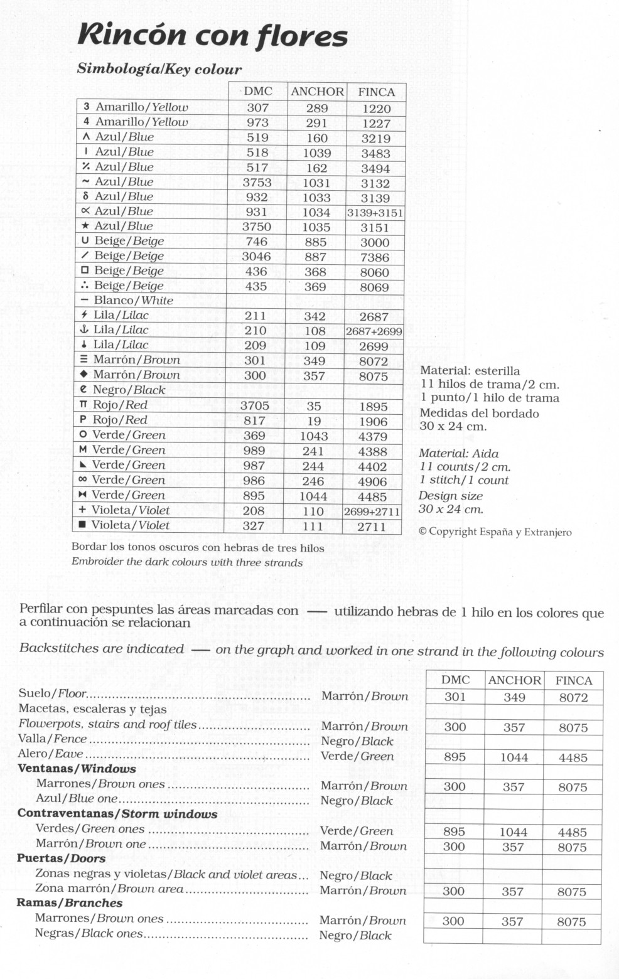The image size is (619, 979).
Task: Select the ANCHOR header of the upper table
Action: (317, 92)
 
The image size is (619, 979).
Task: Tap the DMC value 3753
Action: (257, 183)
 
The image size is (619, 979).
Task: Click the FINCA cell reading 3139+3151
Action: (375, 213)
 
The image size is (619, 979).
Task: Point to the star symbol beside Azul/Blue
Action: (85, 226)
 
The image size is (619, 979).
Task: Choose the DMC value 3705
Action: (255, 406)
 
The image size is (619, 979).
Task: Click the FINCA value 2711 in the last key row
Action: (372, 527)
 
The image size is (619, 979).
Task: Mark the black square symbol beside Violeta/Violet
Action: (82, 525)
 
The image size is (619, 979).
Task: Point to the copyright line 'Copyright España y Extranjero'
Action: (495, 532)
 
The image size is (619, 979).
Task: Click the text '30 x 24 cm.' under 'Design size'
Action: (451, 509)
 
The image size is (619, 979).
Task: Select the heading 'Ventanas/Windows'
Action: (77, 769)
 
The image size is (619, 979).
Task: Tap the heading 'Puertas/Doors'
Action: (61, 859)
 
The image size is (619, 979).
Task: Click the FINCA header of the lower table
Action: (574, 680)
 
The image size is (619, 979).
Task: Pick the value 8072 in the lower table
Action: (573, 697)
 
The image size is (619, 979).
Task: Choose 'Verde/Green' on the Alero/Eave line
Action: (357, 756)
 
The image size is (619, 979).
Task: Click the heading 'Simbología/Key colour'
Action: (159, 69)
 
